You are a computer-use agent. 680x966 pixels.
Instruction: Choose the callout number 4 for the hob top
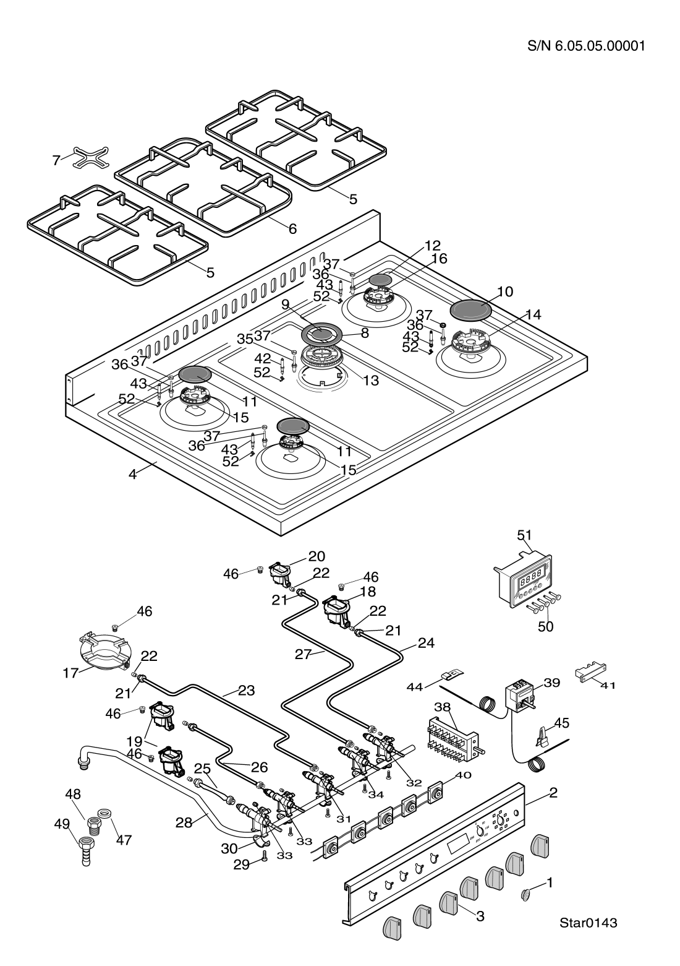tap(132, 475)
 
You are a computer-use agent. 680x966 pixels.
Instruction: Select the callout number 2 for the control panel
tap(553, 793)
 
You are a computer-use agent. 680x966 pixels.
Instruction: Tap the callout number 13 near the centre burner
tap(370, 381)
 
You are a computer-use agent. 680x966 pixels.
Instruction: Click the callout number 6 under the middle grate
tap(292, 228)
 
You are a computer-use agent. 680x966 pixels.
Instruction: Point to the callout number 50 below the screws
tap(545, 626)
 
